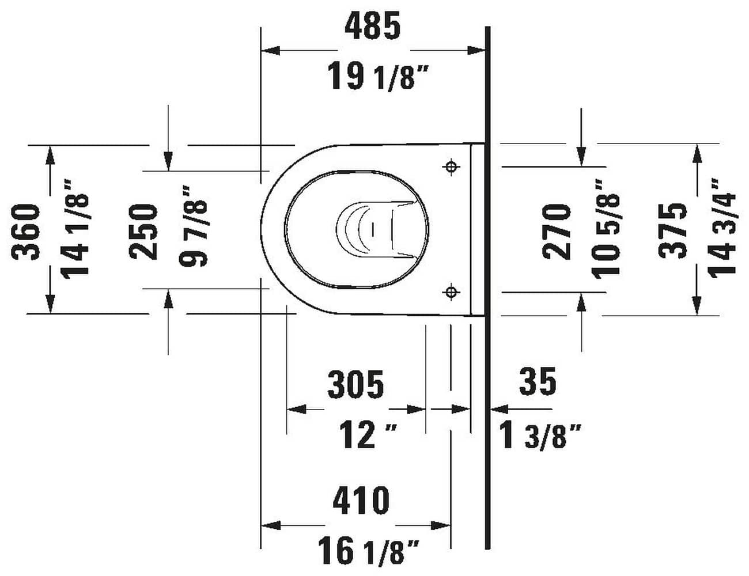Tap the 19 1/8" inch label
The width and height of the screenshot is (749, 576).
[x=379, y=77]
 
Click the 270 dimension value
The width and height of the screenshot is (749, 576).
[x=557, y=231]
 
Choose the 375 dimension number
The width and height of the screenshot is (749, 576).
[x=674, y=231]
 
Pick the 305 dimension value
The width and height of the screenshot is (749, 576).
[x=355, y=385]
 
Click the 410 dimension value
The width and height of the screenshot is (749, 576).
[x=361, y=501]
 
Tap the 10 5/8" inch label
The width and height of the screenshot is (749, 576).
[x=608, y=229]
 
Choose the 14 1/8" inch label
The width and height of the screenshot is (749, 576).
[x=76, y=229]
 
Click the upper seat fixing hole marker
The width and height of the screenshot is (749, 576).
[x=452, y=167]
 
